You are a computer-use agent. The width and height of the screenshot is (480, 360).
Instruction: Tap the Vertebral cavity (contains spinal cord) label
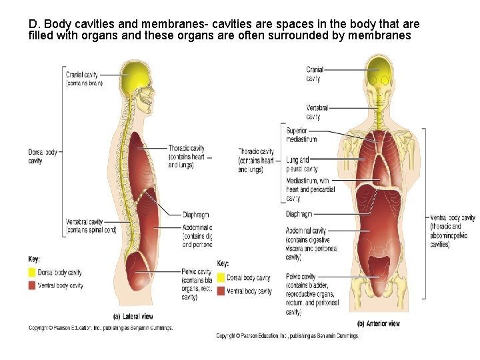[91, 226]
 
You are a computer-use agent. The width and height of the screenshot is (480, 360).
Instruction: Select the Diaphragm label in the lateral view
[196, 215]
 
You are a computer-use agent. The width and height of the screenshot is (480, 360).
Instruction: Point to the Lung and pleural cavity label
[301, 165]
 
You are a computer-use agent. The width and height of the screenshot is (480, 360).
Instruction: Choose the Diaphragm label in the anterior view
[299, 214]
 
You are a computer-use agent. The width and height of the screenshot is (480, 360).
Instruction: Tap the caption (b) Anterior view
[379, 323]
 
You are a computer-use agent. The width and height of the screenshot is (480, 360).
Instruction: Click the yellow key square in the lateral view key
[32, 273]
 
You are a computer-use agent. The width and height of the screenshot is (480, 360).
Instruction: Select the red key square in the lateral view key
[32, 285]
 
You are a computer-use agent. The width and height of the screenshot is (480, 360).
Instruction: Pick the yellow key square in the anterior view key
[221, 278]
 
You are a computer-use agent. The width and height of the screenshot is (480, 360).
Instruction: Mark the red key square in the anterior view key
[221, 291]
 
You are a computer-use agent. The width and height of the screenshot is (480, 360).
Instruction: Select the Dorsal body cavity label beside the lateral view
[43, 156]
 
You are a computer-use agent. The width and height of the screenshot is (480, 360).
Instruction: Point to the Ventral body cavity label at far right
[453, 231]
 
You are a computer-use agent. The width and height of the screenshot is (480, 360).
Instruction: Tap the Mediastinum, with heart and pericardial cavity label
[307, 189]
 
